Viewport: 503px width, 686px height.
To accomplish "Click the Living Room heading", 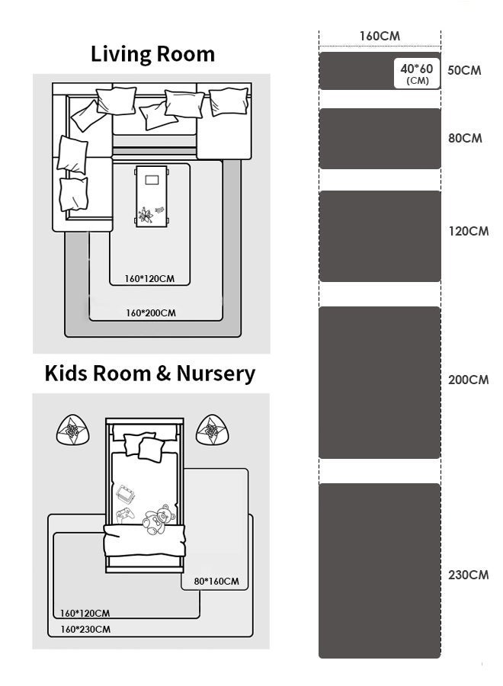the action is pyautogui.click(x=152, y=55).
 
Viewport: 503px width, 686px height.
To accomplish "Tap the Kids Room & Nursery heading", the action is pyautogui.click(x=150, y=374).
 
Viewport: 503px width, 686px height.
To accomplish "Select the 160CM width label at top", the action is pyautogui.click(x=380, y=36).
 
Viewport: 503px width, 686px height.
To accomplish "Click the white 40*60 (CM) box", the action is pyautogui.click(x=417, y=73).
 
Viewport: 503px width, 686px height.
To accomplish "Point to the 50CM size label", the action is pyautogui.click(x=464, y=70).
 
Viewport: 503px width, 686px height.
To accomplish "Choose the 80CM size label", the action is pyautogui.click(x=465, y=138).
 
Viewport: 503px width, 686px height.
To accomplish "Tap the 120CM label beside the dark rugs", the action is pyautogui.click(x=469, y=231).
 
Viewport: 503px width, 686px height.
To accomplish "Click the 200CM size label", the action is pyautogui.click(x=469, y=380).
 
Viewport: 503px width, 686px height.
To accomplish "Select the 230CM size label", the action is pyautogui.click(x=469, y=575).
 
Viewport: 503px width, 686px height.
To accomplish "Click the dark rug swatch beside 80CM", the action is pyautogui.click(x=380, y=139).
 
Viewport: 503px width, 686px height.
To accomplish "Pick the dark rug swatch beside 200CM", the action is pyautogui.click(x=380, y=383).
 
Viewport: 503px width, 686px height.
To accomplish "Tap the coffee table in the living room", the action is pyautogui.click(x=152, y=197).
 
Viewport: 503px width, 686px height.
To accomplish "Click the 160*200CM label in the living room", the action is pyautogui.click(x=151, y=313).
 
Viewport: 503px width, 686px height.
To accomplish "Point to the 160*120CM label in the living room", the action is pyautogui.click(x=149, y=279).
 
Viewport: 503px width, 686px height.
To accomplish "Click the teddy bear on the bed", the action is pyautogui.click(x=159, y=519).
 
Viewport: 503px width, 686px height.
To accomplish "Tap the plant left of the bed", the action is pyautogui.click(x=73, y=430).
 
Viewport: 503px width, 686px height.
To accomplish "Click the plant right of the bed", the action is pyautogui.click(x=212, y=430).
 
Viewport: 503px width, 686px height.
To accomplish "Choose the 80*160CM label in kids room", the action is pyautogui.click(x=216, y=582).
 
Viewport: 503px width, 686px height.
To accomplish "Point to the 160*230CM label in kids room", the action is pyautogui.click(x=85, y=630).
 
